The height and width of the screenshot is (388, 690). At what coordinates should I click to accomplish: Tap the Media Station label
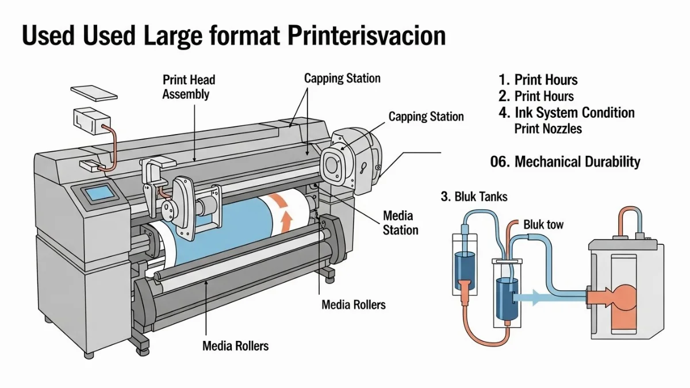[400, 223]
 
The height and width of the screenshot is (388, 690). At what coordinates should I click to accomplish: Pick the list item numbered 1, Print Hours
[538, 80]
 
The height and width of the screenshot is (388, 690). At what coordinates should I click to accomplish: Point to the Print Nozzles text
[548, 128]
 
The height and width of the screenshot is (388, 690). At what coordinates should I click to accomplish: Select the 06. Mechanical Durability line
[565, 162]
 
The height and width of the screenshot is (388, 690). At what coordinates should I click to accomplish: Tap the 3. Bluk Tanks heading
[474, 197]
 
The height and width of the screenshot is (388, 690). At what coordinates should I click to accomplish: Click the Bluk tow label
[543, 224]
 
